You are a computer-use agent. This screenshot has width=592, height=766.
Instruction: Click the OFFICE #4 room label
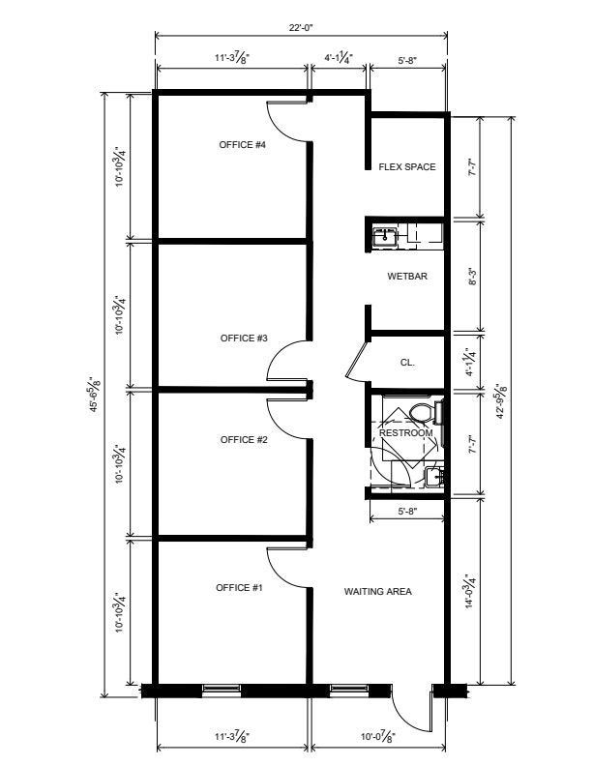click(242, 145)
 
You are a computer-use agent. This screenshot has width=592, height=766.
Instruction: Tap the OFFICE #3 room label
click(244, 339)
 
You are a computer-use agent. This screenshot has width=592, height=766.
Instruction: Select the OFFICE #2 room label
click(244, 440)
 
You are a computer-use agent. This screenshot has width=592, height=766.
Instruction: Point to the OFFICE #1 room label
click(239, 587)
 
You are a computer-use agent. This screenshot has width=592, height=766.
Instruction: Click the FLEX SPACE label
click(407, 167)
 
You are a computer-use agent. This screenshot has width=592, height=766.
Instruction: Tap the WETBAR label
click(407, 276)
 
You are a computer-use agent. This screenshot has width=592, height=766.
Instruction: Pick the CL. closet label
click(407, 363)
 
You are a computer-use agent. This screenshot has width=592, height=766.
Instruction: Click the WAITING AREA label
click(377, 592)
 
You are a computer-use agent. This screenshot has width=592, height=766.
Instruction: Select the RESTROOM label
click(406, 433)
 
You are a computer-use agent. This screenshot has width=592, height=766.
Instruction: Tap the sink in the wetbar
click(385, 237)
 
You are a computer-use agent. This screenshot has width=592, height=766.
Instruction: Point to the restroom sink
click(434, 476)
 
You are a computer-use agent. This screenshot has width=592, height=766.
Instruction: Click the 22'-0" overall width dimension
click(301, 27)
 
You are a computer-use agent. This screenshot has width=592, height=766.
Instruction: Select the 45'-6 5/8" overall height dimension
click(95, 394)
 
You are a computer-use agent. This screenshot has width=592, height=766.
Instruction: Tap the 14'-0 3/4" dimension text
click(470, 590)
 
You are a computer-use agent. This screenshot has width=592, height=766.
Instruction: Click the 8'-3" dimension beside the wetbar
click(472, 276)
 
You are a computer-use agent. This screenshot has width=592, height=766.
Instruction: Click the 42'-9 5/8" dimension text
click(502, 401)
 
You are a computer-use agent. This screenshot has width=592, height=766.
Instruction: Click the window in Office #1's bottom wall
click(222, 689)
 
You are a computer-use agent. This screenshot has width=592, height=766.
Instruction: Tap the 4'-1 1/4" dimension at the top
click(339, 58)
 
